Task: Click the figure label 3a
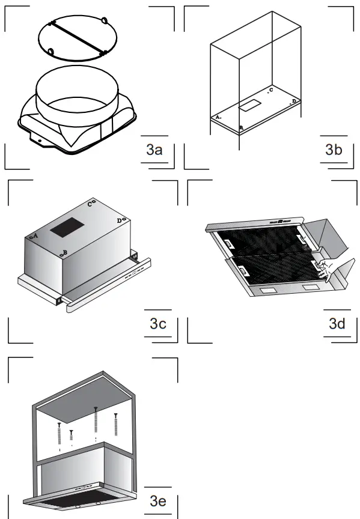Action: (x=154, y=150)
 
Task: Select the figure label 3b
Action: (x=334, y=150)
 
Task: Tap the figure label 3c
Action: (x=157, y=324)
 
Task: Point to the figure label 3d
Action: (x=337, y=324)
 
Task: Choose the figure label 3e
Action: (x=157, y=500)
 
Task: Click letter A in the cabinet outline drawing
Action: (x=218, y=117)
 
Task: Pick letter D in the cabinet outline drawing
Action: (x=293, y=102)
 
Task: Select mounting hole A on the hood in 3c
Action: (x=31, y=238)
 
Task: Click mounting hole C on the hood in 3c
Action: (x=94, y=202)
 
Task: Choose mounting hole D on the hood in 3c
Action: (x=124, y=220)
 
